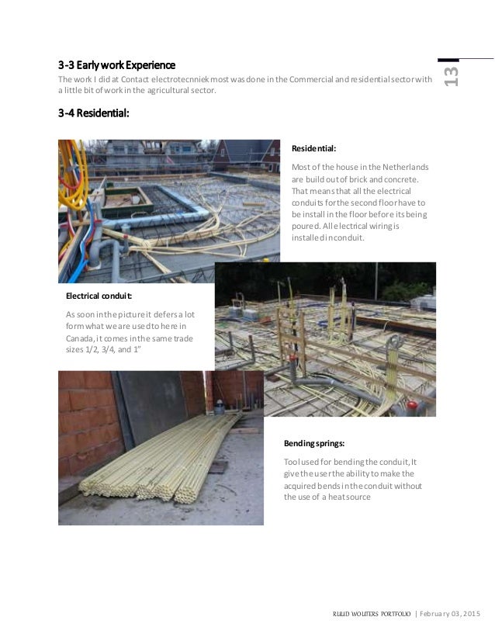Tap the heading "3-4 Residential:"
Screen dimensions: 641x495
coord(93,113)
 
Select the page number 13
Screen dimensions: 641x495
coord(451,74)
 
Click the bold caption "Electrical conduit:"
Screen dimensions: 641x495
coord(99,296)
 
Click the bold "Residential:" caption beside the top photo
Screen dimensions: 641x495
coord(313,147)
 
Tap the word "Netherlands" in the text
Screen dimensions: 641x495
coord(406,167)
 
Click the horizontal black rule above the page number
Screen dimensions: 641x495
coord(466,59)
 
